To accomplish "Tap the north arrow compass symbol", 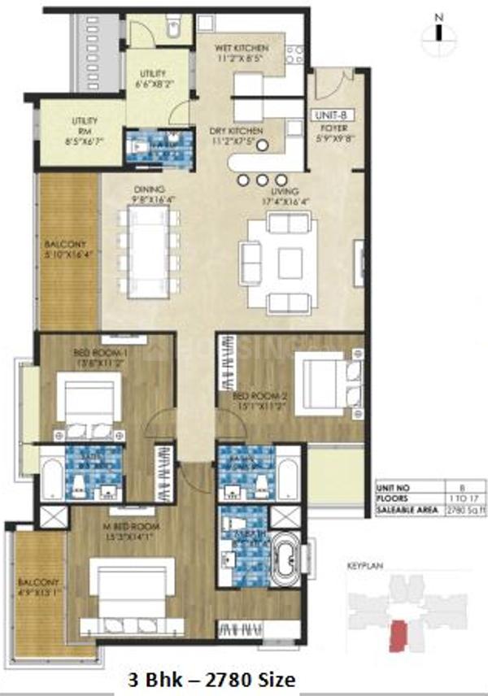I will (438, 33).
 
